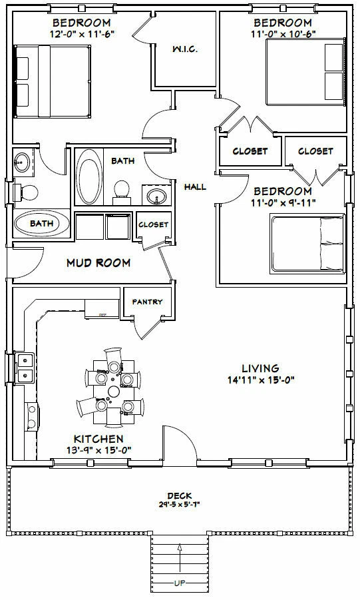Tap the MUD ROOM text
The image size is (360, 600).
pyautogui.click(x=98, y=262)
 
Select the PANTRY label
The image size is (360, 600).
pyautogui.click(x=147, y=302)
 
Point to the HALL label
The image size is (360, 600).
pyautogui.click(x=196, y=187)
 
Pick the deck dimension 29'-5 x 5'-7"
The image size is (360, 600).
pyautogui.click(x=178, y=504)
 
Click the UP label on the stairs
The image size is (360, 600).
pyautogui.click(x=180, y=583)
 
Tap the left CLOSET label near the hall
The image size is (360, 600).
pyautogui.click(x=250, y=151)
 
